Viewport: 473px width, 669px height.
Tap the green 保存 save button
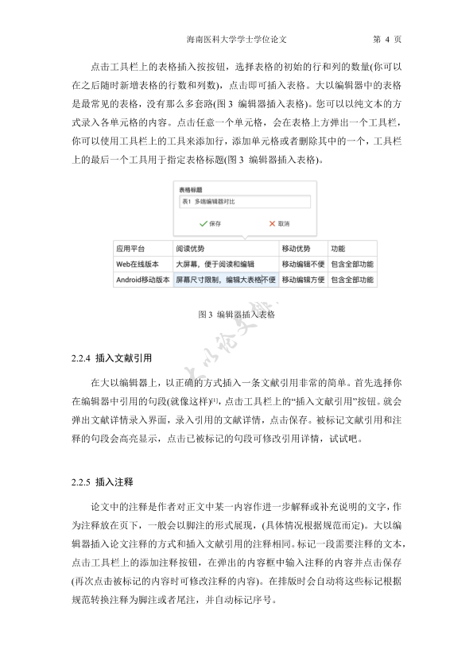[210, 223]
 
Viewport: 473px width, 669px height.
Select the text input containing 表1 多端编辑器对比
[243, 203]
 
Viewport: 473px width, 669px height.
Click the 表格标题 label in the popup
[192, 190]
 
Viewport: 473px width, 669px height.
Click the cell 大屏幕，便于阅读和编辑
[215, 264]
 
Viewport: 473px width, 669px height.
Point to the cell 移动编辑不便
[303, 264]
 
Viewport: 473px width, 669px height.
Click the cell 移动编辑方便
[303, 280]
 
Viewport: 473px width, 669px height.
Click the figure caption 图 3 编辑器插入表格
[236, 315]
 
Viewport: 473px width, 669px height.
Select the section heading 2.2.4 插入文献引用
[111, 358]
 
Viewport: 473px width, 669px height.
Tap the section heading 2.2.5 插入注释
[103, 482]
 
